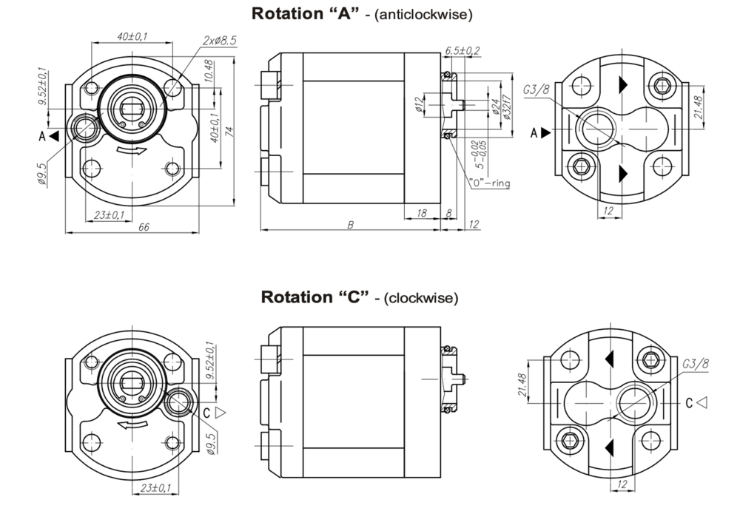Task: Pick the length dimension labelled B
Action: coord(350,223)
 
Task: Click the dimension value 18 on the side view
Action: coord(422,213)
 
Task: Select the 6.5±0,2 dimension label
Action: coord(462,50)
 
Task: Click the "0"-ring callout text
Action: coord(489,183)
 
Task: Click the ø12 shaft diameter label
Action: coord(419,105)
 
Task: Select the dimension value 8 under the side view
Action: coord(449,213)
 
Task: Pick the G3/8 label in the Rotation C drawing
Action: coord(695,364)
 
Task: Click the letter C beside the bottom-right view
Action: coord(689,402)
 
